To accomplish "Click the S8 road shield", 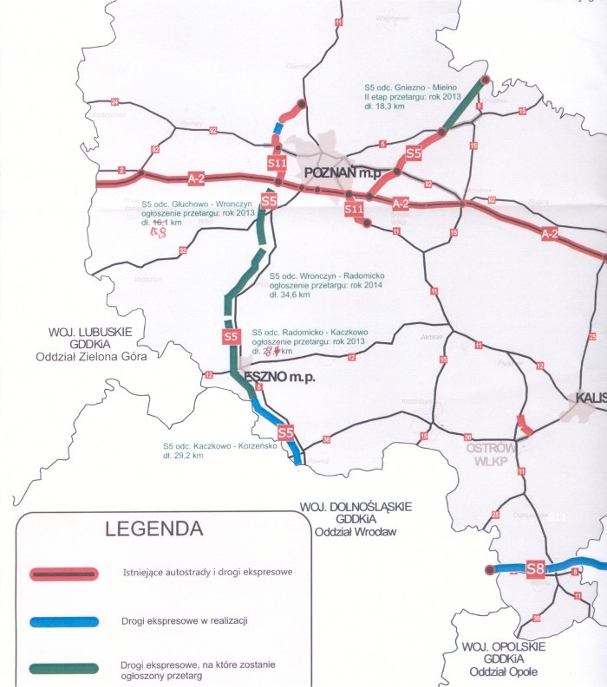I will (x=535, y=569).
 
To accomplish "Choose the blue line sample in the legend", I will (x=66, y=621).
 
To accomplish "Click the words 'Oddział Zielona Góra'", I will (x=88, y=356).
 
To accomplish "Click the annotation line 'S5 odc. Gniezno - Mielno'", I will (x=410, y=87).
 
